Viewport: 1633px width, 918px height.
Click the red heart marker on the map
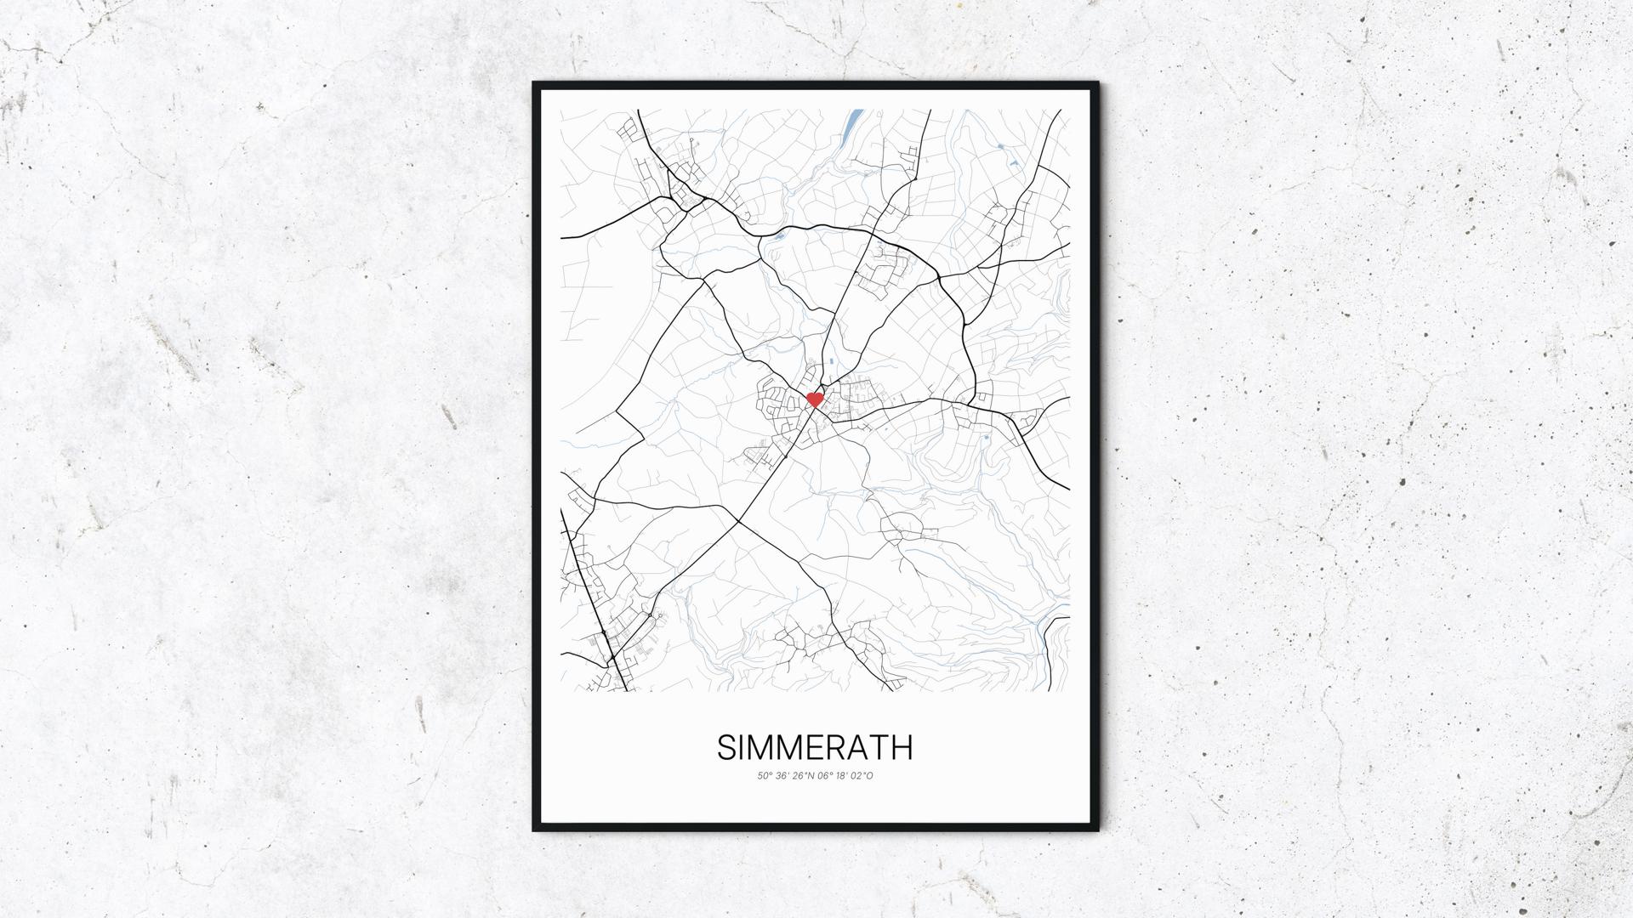pos(814,399)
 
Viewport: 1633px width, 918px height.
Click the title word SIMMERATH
pos(815,747)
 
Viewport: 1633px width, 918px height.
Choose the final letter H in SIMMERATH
pos(902,747)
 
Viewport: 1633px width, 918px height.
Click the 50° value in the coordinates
pos(765,775)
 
